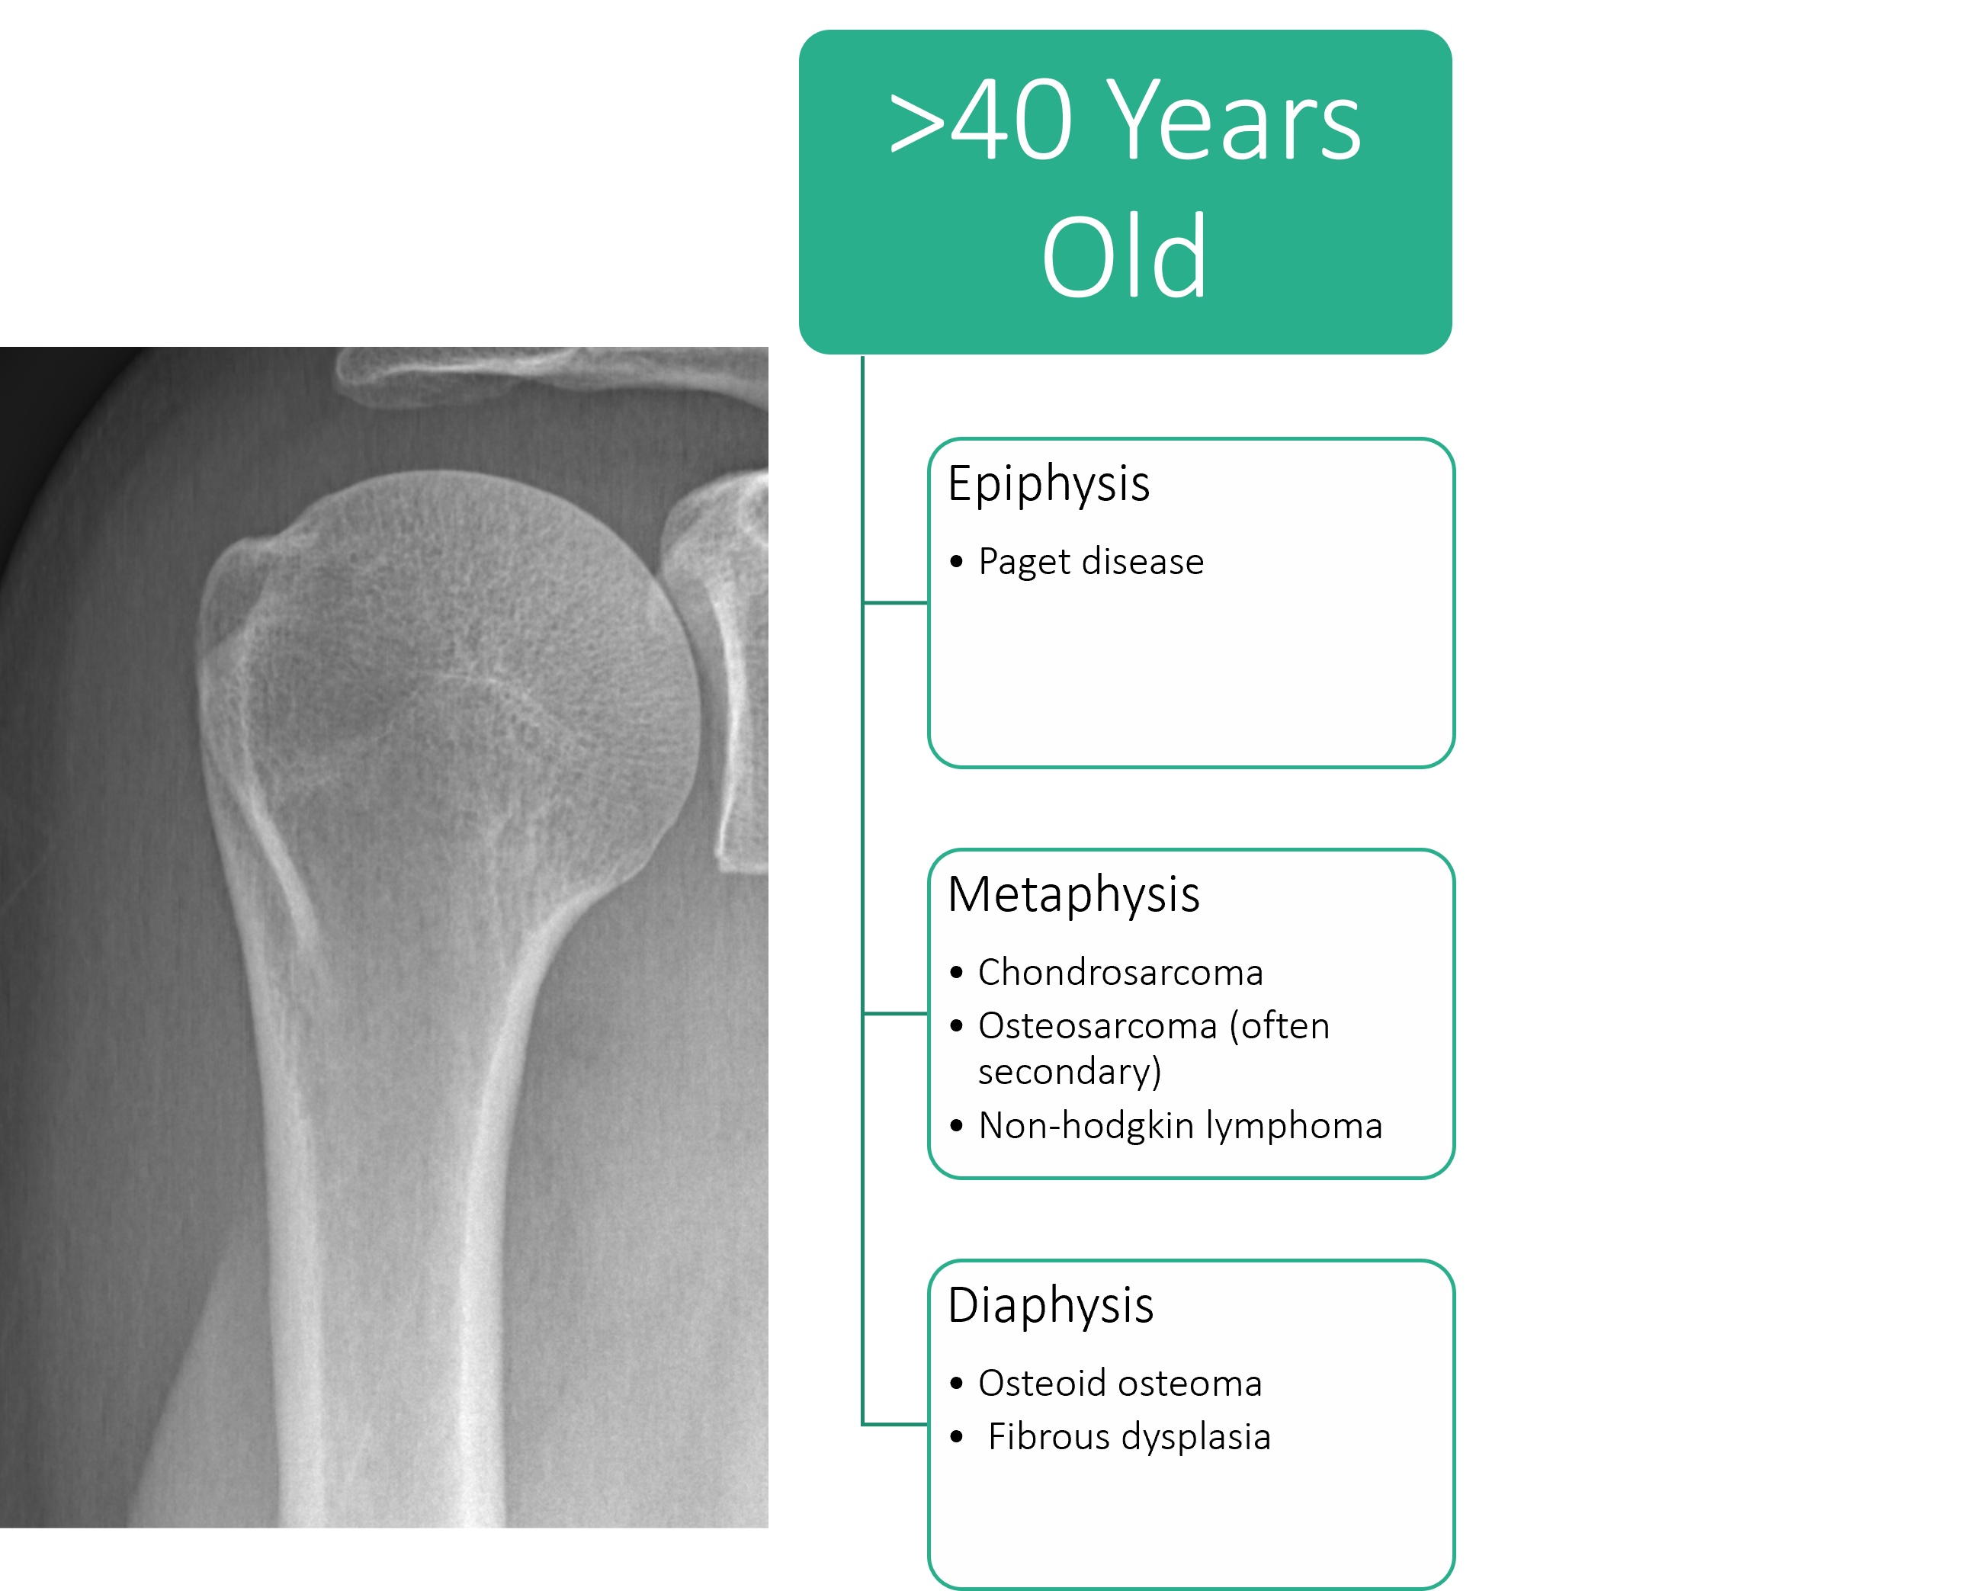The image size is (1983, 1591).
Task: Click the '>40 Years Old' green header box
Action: pyautogui.click(x=1125, y=191)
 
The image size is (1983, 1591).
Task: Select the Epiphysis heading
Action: pyautogui.click(x=1048, y=485)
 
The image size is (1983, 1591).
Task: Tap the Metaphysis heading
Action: pyautogui.click(x=1073, y=895)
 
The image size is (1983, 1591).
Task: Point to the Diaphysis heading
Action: pyautogui.click(x=1051, y=1306)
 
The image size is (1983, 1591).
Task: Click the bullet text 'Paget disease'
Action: pyautogui.click(x=1091, y=562)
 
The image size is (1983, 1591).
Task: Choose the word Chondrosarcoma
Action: pyautogui.click(x=1120, y=972)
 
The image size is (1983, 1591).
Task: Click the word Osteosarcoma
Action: pyautogui.click(x=1098, y=1025)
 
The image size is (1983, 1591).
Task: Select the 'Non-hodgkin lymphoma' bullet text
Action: pyautogui.click(x=1180, y=1126)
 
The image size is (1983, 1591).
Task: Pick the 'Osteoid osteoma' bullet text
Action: pyautogui.click(x=1120, y=1383)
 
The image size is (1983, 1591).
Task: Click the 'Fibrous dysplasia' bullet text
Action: pyautogui.click(x=1129, y=1436)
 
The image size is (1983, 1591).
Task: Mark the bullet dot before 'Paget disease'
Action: pyautogui.click(x=957, y=561)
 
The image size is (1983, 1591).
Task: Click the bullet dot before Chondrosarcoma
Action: pyautogui.click(x=957, y=972)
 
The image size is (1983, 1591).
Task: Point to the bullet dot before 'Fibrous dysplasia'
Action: pyautogui.click(x=957, y=1436)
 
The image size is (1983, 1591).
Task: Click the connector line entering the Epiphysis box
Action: pyautogui.click(x=895, y=603)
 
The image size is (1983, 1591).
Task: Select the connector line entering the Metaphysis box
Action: pyautogui.click(x=895, y=1013)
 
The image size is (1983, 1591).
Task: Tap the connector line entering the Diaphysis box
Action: pyautogui.click(x=895, y=1425)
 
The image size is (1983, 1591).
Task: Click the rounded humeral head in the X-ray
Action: pyautogui.click(x=460, y=672)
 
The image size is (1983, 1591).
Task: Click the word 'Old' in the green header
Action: pyautogui.click(x=1124, y=257)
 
